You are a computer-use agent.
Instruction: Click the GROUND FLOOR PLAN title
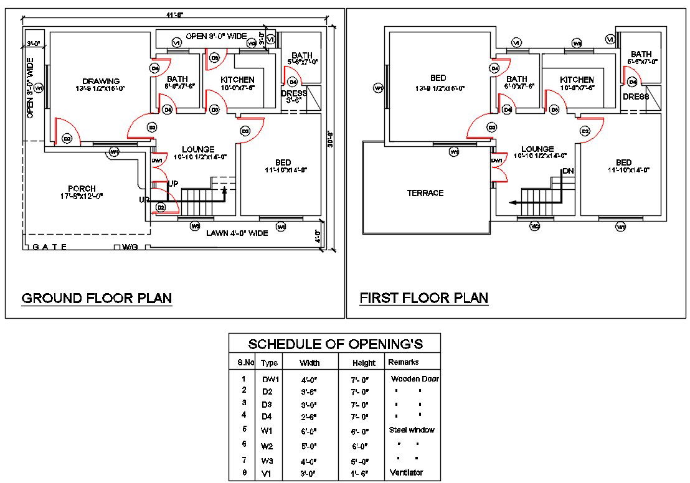click(x=97, y=299)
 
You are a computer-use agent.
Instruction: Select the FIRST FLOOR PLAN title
click(x=423, y=299)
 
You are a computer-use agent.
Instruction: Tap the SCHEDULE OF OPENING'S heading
click(x=335, y=344)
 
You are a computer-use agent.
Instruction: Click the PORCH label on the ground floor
click(x=82, y=189)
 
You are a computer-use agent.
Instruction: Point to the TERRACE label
click(x=425, y=193)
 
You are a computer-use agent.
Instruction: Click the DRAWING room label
click(x=101, y=81)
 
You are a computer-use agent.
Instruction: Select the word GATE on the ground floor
click(x=50, y=247)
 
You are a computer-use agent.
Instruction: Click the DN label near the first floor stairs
click(x=567, y=171)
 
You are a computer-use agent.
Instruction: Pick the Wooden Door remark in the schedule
click(x=415, y=378)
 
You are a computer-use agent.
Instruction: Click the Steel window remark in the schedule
click(x=412, y=429)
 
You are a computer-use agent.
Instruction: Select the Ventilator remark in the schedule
click(x=406, y=472)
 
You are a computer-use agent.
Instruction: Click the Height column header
click(x=364, y=363)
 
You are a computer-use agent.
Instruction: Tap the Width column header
click(x=310, y=363)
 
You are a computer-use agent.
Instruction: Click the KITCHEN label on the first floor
click(x=577, y=80)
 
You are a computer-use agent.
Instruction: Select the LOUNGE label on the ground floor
click(x=198, y=149)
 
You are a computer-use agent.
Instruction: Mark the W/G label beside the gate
click(x=130, y=247)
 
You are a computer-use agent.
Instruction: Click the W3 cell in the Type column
click(x=268, y=461)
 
